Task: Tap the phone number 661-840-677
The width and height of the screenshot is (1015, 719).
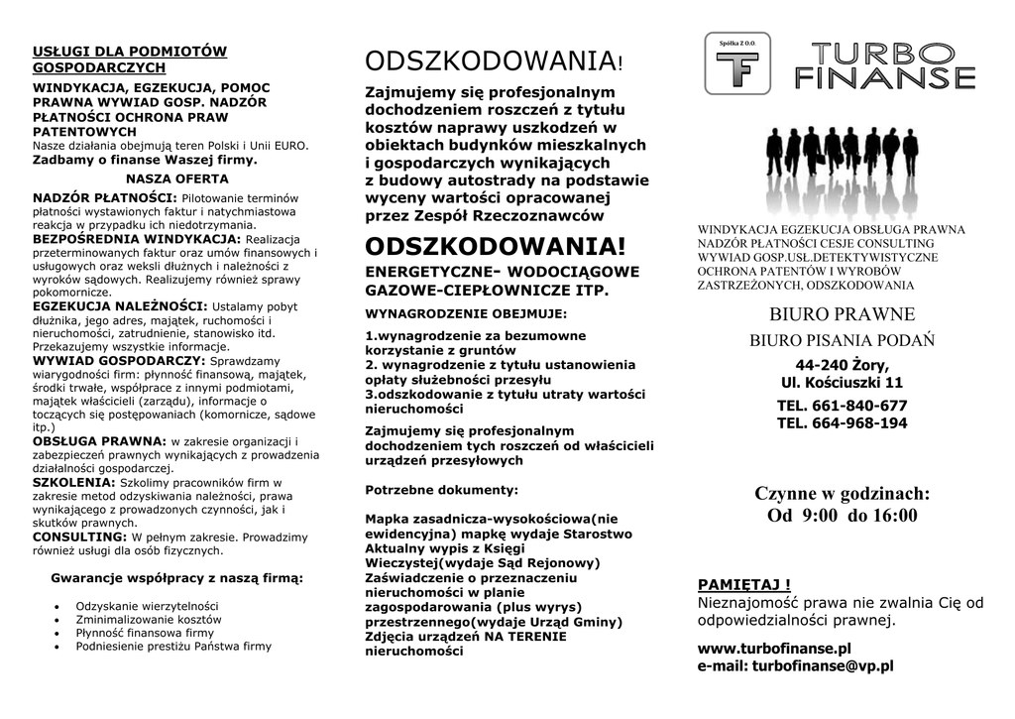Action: click(842, 406)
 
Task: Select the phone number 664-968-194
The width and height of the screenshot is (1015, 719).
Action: click(842, 423)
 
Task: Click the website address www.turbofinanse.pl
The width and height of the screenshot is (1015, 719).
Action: click(774, 649)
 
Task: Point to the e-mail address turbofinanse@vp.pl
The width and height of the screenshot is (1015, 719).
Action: click(795, 666)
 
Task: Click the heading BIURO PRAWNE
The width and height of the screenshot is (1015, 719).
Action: click(842, 315)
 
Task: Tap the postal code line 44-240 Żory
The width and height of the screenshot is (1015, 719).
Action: click(842, 364)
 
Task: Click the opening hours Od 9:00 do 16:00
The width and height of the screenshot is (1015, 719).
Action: click(842, 516)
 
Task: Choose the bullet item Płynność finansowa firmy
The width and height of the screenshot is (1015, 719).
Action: click(145, 633)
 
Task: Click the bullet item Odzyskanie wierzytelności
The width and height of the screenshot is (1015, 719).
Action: click(147, 606)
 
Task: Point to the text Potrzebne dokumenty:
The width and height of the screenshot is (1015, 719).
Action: click(441, 490)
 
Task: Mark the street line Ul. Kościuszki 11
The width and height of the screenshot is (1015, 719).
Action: click(842, 382)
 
